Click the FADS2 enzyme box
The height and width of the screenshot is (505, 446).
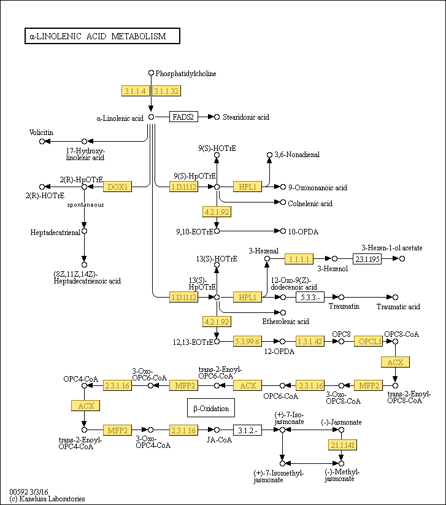point(183,117)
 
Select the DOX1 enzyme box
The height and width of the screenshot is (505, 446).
point(117,187)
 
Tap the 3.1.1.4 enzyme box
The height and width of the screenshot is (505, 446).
point(135,91)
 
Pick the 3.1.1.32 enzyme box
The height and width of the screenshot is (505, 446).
point(166,91)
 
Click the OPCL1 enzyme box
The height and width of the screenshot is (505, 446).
point(368,341)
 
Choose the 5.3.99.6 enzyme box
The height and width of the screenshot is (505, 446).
point(247,341)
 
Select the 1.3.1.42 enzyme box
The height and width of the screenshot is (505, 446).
point(310,341)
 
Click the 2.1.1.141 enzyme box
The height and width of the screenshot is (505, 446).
point(343,445)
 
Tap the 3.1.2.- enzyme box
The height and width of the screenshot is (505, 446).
point(247,430)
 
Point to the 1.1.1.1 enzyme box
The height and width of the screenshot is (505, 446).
point(299,258)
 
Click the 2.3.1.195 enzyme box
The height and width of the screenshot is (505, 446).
point(367,258)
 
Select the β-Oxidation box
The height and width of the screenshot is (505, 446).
point(211,407)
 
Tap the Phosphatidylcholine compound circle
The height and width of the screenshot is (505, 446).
point(151,73)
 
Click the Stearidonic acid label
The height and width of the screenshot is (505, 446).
point(246,117)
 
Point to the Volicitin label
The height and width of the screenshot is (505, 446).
point(41,133)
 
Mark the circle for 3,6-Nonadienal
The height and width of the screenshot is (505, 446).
point(269,155)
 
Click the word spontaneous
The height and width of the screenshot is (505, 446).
point(85,205)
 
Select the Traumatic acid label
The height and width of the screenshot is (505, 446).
point(398,307)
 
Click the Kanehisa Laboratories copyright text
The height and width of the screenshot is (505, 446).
point(47,499)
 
